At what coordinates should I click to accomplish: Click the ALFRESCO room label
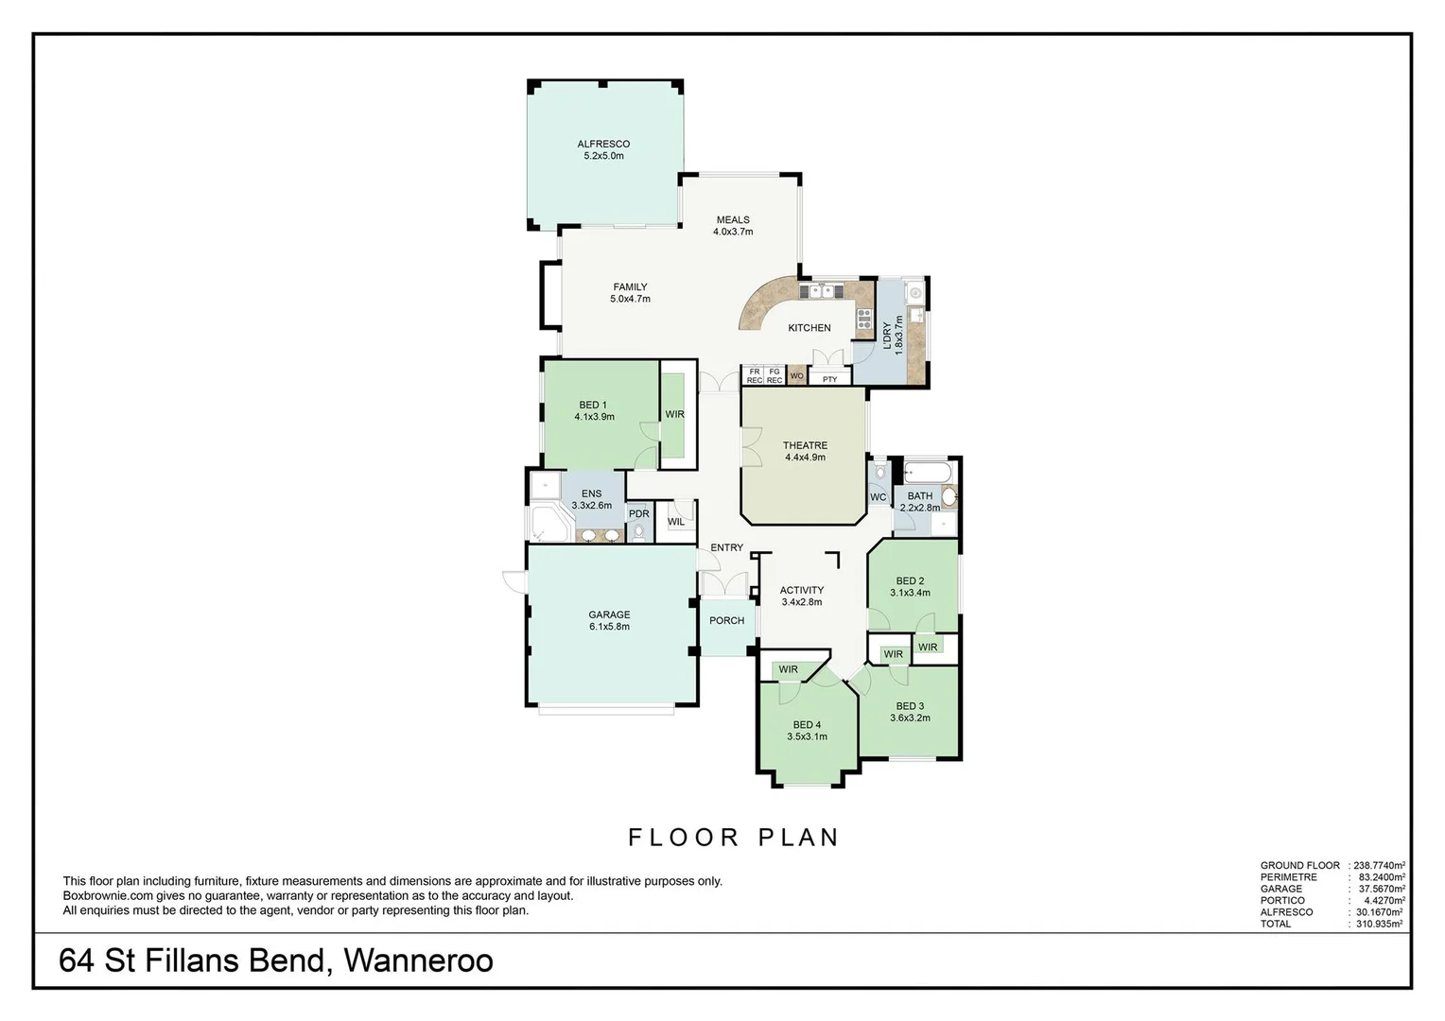[x=603, y=149]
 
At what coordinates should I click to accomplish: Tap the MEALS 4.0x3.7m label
[x=732, y=225]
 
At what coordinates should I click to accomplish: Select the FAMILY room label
[x=630, y=293]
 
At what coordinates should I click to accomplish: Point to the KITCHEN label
[x=810, y=328]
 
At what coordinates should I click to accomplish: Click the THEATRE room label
[x=805, y=451]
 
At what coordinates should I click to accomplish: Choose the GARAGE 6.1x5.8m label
[x=609, y=620]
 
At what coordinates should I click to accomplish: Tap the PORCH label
[x=726, y=621]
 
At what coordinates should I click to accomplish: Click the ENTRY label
[x=726, y=548]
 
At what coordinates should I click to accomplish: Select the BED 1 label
[x=594, y=410]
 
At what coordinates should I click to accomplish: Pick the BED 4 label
[x=807, y=731]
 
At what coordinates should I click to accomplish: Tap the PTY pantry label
[x=829, y=380]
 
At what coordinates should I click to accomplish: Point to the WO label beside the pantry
[x=796, y=376]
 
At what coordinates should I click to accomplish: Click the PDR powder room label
[x=639, y=514]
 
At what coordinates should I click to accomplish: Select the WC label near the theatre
[x=878, y=497]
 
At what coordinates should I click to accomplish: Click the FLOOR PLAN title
[x=734, y=838]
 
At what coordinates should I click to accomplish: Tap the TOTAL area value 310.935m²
[x=1378, y=924]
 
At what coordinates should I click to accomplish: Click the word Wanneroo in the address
[x=418, y=961]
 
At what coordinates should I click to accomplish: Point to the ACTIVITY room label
[x=801, y=596]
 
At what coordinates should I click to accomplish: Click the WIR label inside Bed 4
[x=788, y=670]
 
